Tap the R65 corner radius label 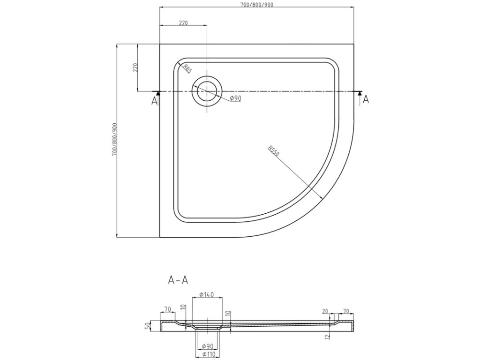click(187, 68)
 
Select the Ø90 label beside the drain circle click(235, 98)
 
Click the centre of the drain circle click(207, 91)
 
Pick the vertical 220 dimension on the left click(135, 67)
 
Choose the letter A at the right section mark click(366, 99)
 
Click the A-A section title click(178, 281)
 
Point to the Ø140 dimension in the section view click(206, 294)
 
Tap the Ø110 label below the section click(207, 355)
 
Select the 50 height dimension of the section click(147, 326)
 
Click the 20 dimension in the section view click(325, 311)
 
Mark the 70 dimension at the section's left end click(167, 309)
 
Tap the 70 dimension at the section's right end click(346, 311)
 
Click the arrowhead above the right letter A click(360, 94)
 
